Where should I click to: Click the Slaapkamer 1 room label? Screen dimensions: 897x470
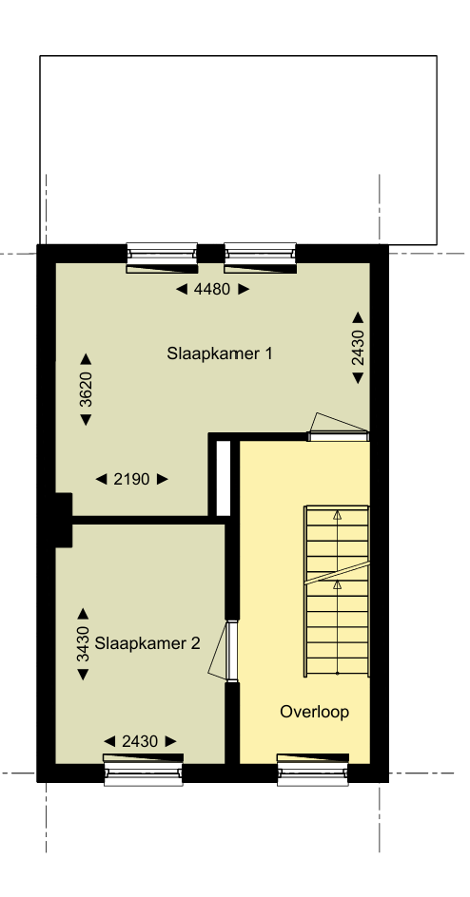click(x=221, y=354)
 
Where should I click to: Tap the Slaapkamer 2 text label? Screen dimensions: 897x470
click(x=147, y=642)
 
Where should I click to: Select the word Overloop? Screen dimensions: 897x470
click(x=315, y=712)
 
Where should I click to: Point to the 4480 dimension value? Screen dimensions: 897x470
click(x=211, y=290)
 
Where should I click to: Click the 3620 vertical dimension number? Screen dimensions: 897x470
click(x=86, y=390)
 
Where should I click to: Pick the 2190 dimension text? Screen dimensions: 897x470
click(x=132, y=480)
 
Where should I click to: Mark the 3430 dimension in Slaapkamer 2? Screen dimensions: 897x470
click(x=83, y=644)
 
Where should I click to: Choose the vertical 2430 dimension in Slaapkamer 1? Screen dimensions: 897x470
click(x=358, y=348)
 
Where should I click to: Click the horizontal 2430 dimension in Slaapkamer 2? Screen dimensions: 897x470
click(x=140, y=741)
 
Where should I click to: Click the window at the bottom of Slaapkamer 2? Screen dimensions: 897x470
click(x=142, y=770)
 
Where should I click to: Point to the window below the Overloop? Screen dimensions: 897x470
click(x=315, y=770)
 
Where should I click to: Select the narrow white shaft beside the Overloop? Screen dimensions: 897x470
click(x=224, y=478)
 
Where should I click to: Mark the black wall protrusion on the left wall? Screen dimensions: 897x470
click(x=63, y=519)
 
